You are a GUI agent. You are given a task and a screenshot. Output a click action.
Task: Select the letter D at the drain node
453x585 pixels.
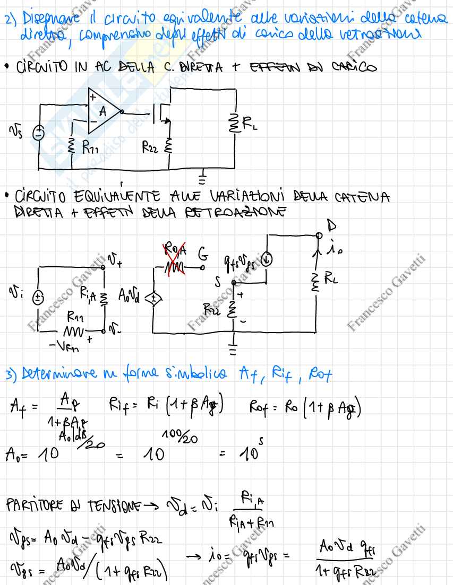tap(333, 226)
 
